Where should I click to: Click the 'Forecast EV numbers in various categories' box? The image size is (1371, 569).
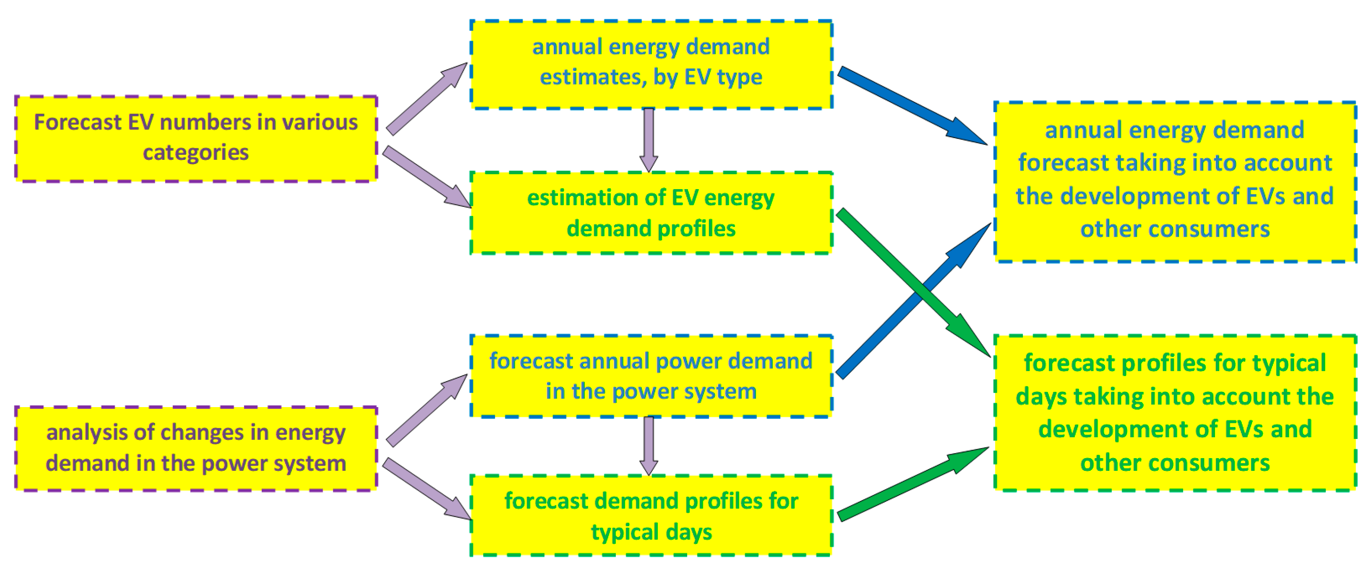point(196,139)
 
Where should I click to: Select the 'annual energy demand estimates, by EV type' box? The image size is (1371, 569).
point(651,64)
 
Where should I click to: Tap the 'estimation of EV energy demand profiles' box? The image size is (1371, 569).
point(651,213)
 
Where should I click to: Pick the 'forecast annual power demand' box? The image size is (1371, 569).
point(651,376)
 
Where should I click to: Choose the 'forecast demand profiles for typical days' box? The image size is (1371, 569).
point(651,515)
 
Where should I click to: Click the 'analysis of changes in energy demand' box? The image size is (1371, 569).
point(196,448)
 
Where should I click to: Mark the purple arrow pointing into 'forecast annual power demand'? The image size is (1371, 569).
point(426,410)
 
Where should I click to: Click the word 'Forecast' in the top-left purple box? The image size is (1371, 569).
point(78,122)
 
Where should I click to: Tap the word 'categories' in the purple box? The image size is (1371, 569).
point(196,153)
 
